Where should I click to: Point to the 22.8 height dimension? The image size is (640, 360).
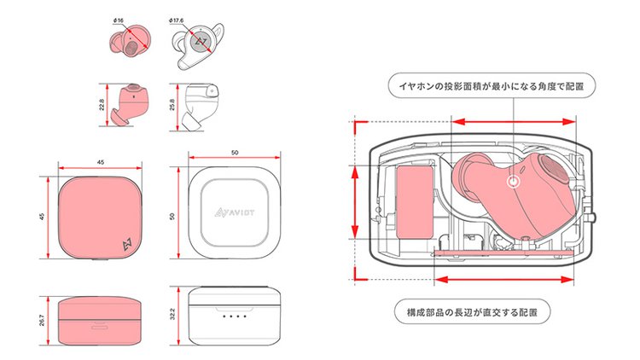[102, 106]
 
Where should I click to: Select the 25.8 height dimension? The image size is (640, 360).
[172, 106]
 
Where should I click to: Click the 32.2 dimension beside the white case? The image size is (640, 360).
[172, 318]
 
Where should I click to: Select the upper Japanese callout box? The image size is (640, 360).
[490, 86]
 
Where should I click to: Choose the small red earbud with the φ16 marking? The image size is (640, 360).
[128, 43]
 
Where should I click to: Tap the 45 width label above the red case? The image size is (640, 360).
[101, 162]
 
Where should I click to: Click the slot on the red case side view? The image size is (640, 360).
[100, 325]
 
